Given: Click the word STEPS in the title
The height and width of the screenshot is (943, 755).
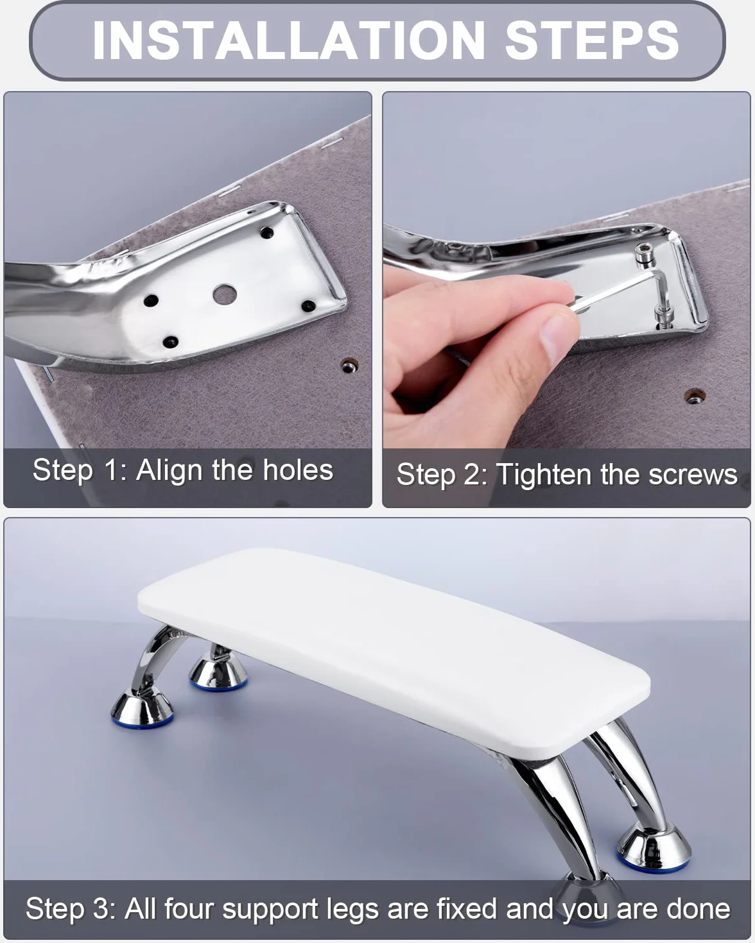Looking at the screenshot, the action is coord(592,40).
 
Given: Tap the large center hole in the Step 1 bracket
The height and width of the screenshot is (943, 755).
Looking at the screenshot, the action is coord(225,294).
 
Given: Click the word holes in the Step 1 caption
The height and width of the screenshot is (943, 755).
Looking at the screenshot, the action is coord(298,470).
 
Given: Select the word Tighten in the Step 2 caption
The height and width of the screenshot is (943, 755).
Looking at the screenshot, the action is coord(544,475).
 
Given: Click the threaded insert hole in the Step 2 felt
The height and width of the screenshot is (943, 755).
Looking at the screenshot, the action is coord(694,397).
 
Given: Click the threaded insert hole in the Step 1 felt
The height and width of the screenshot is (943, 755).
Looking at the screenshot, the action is coord(349,366).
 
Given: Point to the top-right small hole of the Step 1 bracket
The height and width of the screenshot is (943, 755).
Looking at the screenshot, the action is coord(266,232).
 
